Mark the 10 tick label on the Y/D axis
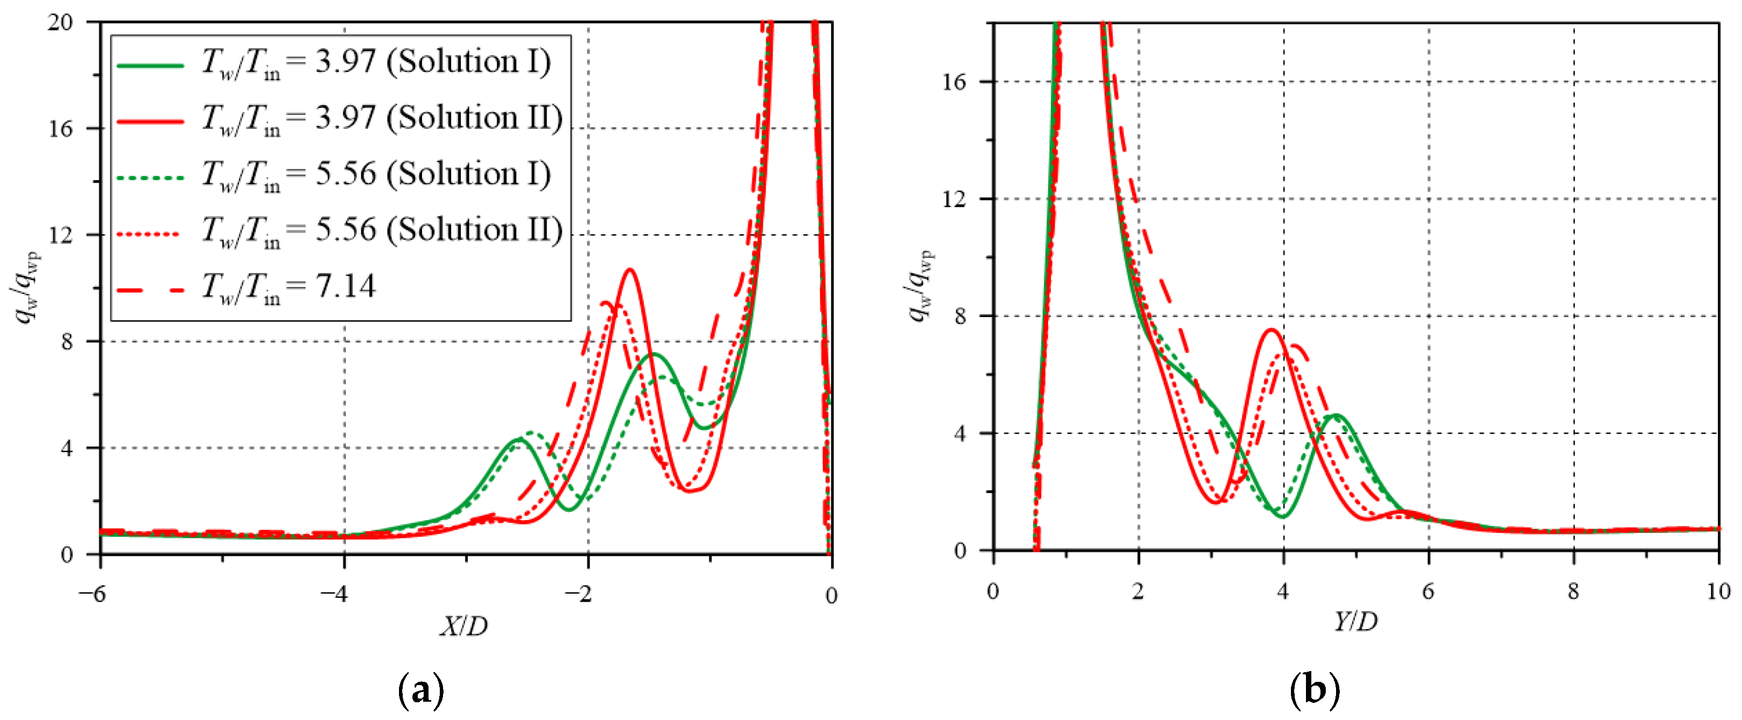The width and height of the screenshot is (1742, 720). [x=1718, y=592]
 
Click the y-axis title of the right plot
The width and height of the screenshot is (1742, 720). [x=921, y=284]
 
